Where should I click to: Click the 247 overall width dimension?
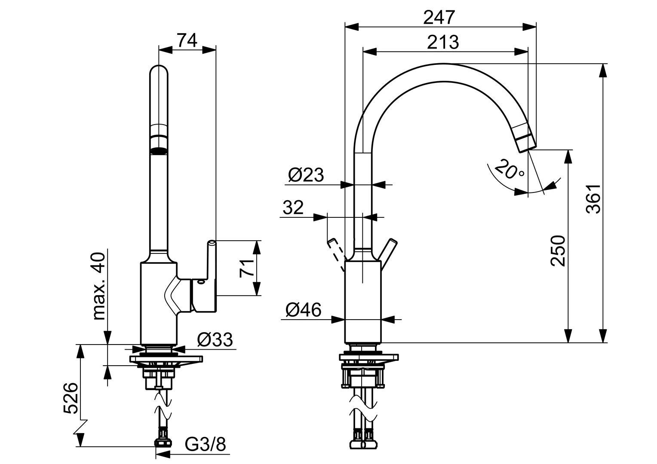click(x=439, y=18)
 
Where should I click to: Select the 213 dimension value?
click(x=443, y=42)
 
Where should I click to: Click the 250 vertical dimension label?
click(x=558, y=251)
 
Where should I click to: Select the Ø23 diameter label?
click(x=306, y=175)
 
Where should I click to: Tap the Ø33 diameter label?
click(x=215, y=339)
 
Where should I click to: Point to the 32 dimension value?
click(x=293, y=208)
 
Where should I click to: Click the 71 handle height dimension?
click(x=245, y=268)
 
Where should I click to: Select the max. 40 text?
click(x=98, y=286)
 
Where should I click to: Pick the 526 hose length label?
click(x=71, y=398)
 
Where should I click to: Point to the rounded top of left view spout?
click(x=159, y=71)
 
